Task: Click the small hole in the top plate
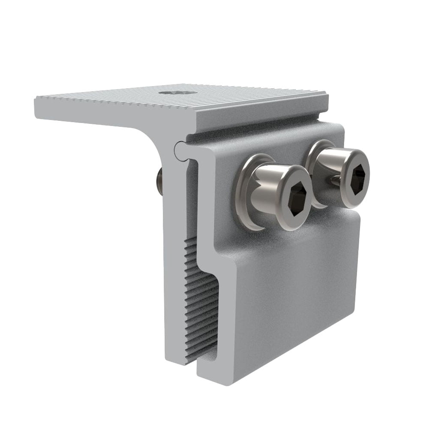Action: click(176, 92)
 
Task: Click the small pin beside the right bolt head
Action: click(334, 182)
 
